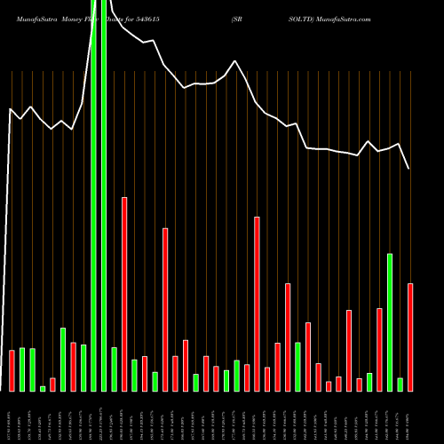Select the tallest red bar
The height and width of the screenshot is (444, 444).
click(124, 294)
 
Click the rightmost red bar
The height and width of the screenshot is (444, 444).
click(410, 337)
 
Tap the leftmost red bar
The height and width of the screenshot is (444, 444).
click(12, 370)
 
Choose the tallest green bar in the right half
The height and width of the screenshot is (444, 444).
click(390, 322)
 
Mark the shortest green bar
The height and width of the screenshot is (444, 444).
click(43, 388)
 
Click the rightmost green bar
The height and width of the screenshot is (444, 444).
click(400, 385)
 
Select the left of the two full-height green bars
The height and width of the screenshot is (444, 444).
click(94, 195)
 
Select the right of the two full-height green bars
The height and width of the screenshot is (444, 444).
click(105, 195)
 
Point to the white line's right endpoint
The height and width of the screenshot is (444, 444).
click(409, 169)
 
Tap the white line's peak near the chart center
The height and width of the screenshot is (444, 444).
click(235, 61)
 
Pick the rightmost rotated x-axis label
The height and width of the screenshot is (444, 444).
click(410, 416)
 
